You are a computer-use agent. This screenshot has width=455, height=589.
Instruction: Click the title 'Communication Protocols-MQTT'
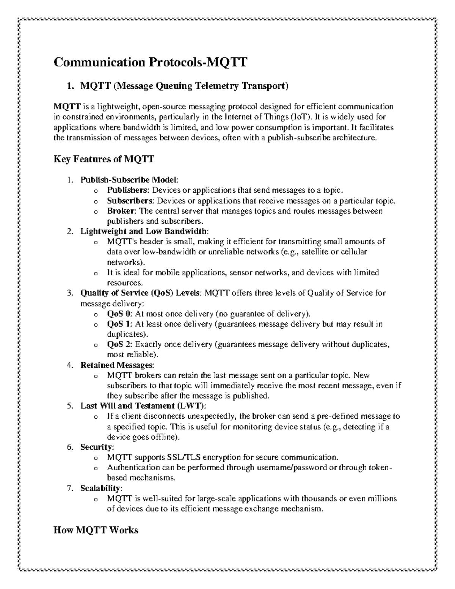[x=150, y=61]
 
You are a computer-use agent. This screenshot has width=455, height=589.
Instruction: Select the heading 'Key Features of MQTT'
[x=104, y=159]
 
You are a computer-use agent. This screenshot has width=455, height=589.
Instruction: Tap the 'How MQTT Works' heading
[x=96, y=530]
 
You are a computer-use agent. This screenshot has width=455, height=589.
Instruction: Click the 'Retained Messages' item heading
[x=117, y=365]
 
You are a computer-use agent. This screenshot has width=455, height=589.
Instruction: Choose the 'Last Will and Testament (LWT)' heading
[x=143, y=406]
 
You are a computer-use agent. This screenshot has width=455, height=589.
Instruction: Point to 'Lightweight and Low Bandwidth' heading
[x=144, y=231]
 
